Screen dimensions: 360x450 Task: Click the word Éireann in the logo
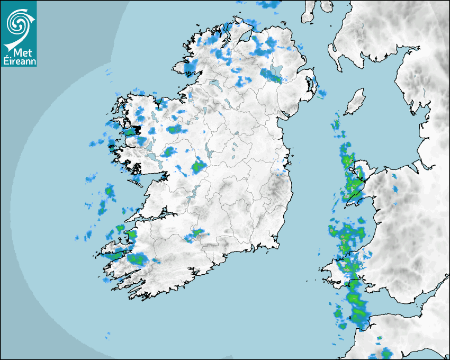coord(19,61)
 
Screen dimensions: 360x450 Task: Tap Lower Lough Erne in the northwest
coord(214,84)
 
